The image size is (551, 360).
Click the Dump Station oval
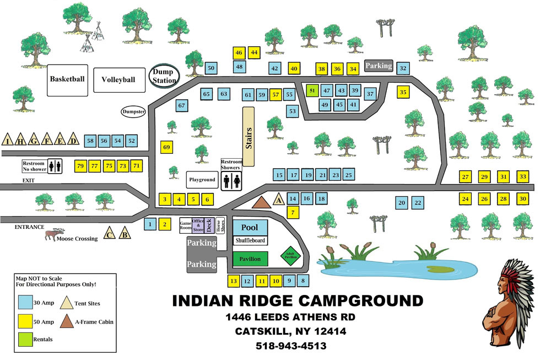pyautogui.click(x=164, y=76)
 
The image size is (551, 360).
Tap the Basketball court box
pyautogui.click(x=67, y=79)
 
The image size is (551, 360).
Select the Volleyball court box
pyautogui.click(x=118, y=79)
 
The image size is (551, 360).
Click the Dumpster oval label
pyautogui.click(x=133, y=112)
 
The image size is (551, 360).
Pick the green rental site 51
pyautogui.click(x=312, y=90)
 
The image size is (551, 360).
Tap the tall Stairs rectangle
pyautogui.click(x=248, y=136)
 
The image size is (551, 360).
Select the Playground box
pyautogui.click(x=202, y=180)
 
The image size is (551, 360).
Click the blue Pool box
pyautogui.click(x=250, y=227)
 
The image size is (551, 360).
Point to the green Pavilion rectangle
pyautogui.click(x=250, y=259)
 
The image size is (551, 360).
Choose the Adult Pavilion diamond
pyautogui.click(x=291, y=255)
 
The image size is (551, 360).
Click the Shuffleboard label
pyautogui.click(x=250, y=241)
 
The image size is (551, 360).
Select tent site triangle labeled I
pyautogui.click(x=8, y=139)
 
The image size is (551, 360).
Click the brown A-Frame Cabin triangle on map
pyautogui.click(x=265, y=202)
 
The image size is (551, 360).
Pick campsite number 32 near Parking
pyautogui.click(x=403, y=68)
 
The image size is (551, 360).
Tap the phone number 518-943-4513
pyautogui.click(x=291, y=347)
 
